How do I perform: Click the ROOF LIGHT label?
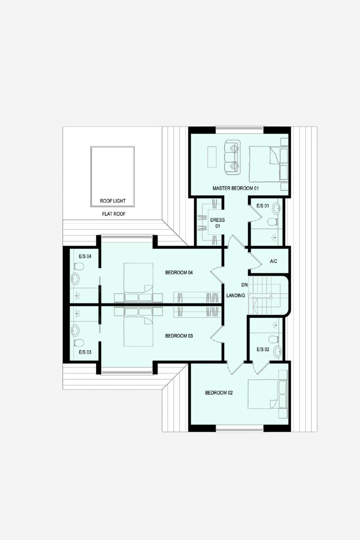pyautogui.click(x=113, y=201)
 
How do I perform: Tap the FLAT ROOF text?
pyautogui.click(x=114, y=214)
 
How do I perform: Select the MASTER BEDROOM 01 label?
pyautogui.click(x=236, y=188)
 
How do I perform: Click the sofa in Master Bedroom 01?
pyautogui.click(x=232, y=157)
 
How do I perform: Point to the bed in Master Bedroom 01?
pyautogui.click(x=268, y=164)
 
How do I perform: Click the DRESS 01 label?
pyautogui.click(x=217, y=223)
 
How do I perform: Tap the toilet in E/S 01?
pyautogui.click(x=272, y=222)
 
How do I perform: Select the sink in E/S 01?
pyautogui.click(x=276, y=208)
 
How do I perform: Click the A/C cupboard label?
pyautogui.click(x=273, y=261)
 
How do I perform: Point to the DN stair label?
pyautogui.click(x=244, y=285)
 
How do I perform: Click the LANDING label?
pyautogui.click(x=236, y=295)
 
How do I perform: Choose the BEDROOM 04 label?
pyautogui.click(x=179, y=273)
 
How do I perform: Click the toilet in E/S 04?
pyautogui.click(x=79, y=267)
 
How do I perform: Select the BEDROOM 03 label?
pyautogui.click(x=179, y=336)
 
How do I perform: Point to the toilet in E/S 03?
pyautogui.click(x=79, y=342)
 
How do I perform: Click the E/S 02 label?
pyautogui.click(x=263, y=349)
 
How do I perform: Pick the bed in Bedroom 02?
pyautogui.click(x=268, y=394)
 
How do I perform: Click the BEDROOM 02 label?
pyautogui.click(x=219, y=393)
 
